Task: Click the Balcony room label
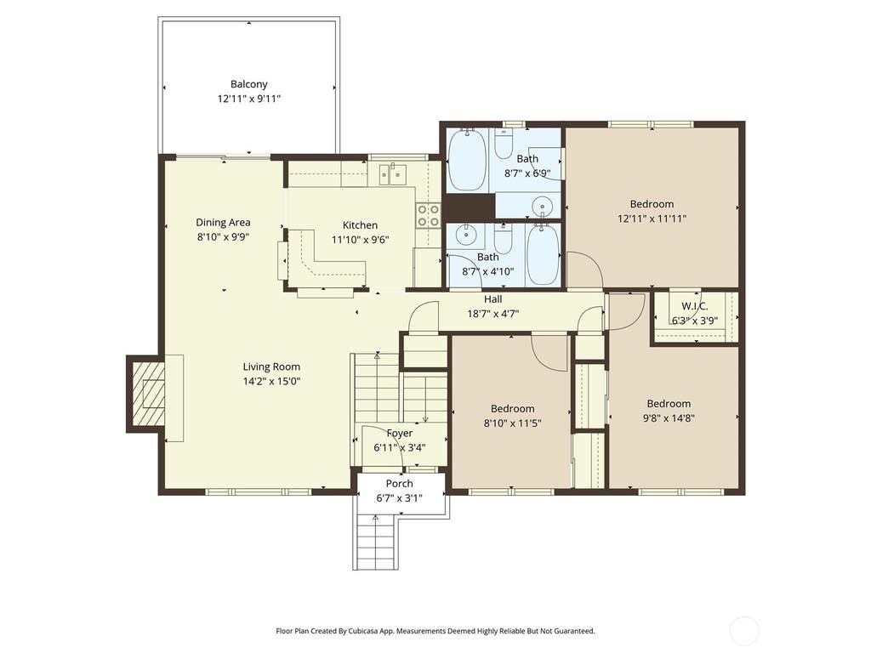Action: [x=249, y=84]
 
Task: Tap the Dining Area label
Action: [x=223, y=222]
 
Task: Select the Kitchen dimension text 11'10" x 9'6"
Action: [x=360, y=240]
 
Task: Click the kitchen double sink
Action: [x=393, y=173]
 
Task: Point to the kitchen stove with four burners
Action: [x=429, y=215]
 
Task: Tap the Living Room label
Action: [x=271, y=366]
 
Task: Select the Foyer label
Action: [x=400, y=433]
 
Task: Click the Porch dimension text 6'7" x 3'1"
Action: [x=400, y=498]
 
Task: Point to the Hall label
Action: [x=492, y=299]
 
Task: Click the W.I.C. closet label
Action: [x=694, y=306]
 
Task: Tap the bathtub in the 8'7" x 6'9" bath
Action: [x=467, y=159]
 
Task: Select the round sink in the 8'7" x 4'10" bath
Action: [x=465, y=236]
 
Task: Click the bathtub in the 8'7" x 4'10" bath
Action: [x=541, y=254]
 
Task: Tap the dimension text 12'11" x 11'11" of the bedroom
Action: [x=652, y=219]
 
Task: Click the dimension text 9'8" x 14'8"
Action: [x=669, y=418]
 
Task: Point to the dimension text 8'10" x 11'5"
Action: [x=512, y=423]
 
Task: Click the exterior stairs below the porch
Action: [x=375, y=542]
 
